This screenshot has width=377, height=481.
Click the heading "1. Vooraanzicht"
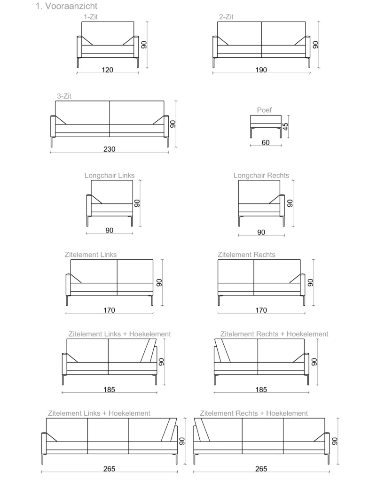pos(66,6)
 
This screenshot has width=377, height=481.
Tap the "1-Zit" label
pos(91,17)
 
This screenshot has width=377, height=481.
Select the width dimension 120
pos(108,70)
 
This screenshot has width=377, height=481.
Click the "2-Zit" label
pos(226,17)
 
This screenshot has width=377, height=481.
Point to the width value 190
pos(261,70)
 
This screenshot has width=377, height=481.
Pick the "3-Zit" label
pos(64,96)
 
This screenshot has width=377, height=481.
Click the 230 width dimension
pos(110,149)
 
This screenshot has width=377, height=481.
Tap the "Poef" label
pos(264,110)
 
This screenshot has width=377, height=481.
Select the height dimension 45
pos(285,126)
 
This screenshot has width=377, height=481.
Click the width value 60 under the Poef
pos(266,143)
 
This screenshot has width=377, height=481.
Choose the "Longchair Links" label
pos(110,176)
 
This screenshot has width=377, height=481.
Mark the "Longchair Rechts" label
pos(261,176)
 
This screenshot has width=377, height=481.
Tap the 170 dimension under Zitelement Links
pos(109,310)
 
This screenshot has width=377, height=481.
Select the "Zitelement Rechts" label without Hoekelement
pos(246,255)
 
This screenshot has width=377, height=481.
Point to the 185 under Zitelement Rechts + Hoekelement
pos(261,389)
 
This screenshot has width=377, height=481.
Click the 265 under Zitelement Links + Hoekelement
pos(109,469)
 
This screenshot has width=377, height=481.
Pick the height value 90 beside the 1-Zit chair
pos(144,45)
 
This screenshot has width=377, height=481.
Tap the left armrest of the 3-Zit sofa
pos(53,126)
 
